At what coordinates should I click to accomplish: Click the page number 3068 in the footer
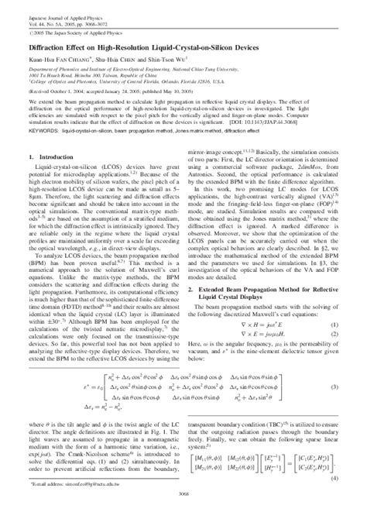coord(183,512)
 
